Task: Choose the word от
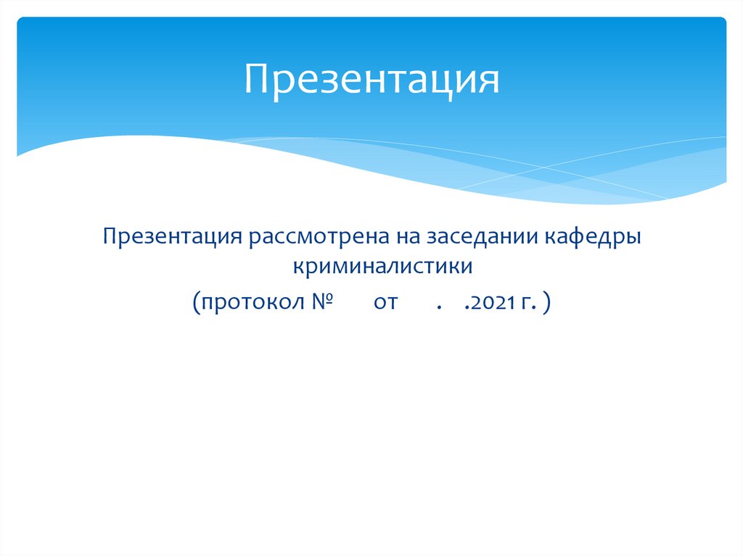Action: (x=386, y=302)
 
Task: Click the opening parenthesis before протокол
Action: (x=197, y=302)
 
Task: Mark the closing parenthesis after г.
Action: (x=545, y=302)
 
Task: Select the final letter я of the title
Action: (x=489, y=81)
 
